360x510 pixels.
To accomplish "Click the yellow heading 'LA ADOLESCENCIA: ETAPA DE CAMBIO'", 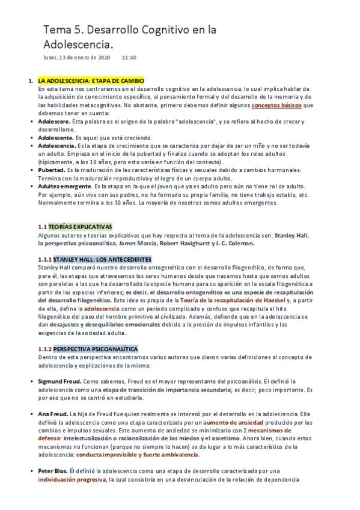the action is [91, 80].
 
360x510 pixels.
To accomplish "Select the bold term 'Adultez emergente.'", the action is [66, 186].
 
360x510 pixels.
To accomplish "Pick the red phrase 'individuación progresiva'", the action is [72, 480].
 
